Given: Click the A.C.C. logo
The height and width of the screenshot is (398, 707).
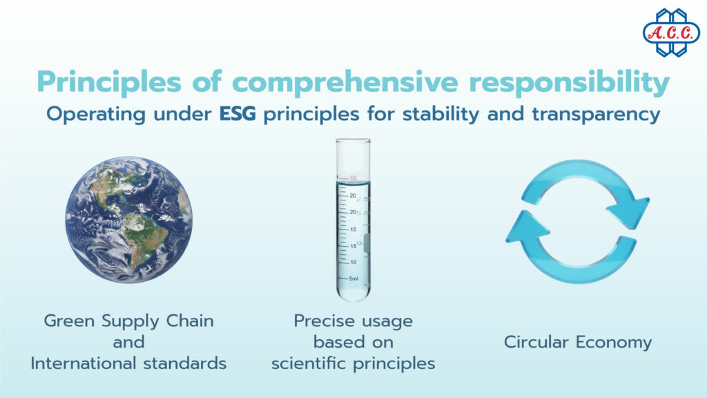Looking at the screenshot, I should click(670, 32).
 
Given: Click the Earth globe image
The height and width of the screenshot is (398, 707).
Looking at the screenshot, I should click(129, 219).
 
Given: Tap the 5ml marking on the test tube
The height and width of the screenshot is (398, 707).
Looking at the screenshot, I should click(353, 278).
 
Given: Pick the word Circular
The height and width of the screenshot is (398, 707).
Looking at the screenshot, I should click(535, 342).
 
